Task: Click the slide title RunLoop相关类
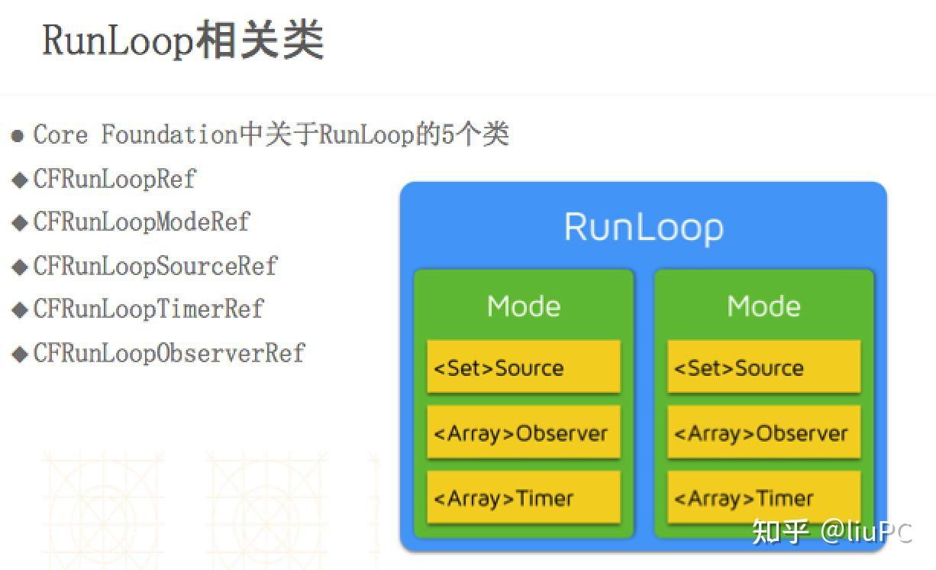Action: pos(183,40)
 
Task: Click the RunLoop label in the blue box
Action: pos(643,228)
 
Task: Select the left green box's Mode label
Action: pos(524,306)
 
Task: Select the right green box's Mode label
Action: pos(763,306)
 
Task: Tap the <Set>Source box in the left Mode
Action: pos(523,368)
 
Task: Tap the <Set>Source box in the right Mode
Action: pos(763,368)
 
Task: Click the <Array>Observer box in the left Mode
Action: pos(523,433)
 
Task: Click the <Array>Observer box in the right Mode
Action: pos(763,433)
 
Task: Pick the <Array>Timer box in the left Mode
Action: pos(523,498)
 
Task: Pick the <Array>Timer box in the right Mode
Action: pos(763,498)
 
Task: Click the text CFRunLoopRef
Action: pos(115,179)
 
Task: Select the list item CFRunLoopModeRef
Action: pos(141,222)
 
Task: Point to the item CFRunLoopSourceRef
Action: pos(155,266)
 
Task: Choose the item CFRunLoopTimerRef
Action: pos(148,309)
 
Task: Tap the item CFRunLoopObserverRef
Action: pos(169,353)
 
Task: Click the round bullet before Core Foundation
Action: pos(18,137)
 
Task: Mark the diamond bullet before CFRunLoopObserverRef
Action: pos(20,354)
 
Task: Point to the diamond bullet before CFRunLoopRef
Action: pos(20,180)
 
